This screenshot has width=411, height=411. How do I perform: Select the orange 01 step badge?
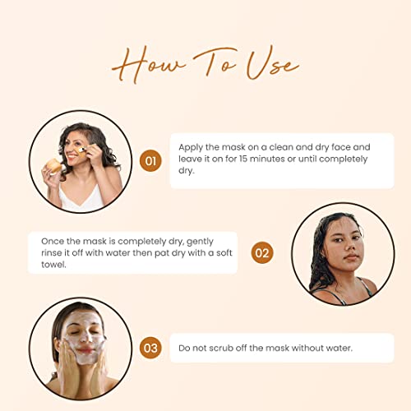click(x=150, y=161)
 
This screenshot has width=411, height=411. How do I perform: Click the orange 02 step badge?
click(x=262, y=252)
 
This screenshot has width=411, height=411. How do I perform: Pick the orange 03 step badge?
click(x=150, y=348)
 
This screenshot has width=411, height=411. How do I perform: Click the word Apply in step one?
click(x=191, y=148)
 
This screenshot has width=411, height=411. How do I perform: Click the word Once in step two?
click(x=53, y=242)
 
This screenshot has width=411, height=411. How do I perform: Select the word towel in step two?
click(x=53, y=265)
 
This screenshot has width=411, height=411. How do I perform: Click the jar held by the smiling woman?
click(x=54, y=166)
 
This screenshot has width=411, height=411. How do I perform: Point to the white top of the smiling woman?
click(x=81, y=198)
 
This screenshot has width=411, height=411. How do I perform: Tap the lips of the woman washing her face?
click(x=85, y=350)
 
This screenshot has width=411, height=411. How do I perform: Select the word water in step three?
click(x=339, y=348)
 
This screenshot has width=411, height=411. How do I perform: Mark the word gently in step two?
click(x=200, y=242)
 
